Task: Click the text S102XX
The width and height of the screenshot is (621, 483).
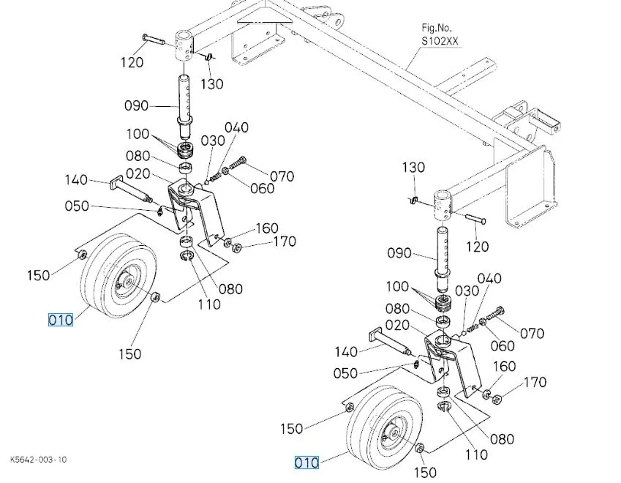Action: (440, 41)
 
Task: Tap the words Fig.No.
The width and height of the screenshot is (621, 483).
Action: (437, 28)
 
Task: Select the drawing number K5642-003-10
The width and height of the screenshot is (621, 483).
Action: (39, 460)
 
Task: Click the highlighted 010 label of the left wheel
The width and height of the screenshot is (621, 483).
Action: (61, 320)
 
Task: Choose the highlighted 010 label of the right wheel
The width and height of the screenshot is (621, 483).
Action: (306, 463)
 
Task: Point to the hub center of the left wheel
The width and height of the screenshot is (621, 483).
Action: (128, 281)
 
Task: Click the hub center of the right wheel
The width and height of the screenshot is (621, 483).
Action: (394, 431)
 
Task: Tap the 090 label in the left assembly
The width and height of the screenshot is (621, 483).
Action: (136, 106)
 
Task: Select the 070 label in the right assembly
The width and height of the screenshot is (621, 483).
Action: (532, 333)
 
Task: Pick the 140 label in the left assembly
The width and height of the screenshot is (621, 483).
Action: (76, 179)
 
